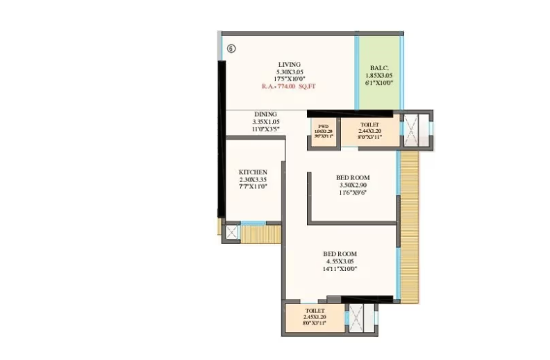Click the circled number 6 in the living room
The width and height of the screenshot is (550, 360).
coord(231,49)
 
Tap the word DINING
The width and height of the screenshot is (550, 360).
coord(265,114)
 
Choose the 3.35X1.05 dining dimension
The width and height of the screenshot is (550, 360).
coord(265,122)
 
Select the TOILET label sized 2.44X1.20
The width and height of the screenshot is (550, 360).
coord(369,124)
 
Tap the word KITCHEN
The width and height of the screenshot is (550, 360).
coord(253,172)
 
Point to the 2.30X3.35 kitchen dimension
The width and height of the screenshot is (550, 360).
coord(253,179)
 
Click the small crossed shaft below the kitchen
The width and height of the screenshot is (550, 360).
coord(232,233)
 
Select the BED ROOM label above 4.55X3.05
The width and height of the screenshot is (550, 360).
coord(340,254)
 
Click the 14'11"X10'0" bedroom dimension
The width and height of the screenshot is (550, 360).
coord(340,268)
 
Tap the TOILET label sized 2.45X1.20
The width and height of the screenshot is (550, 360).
coord(315,311)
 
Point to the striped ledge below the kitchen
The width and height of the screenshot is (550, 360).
coord(260,234)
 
